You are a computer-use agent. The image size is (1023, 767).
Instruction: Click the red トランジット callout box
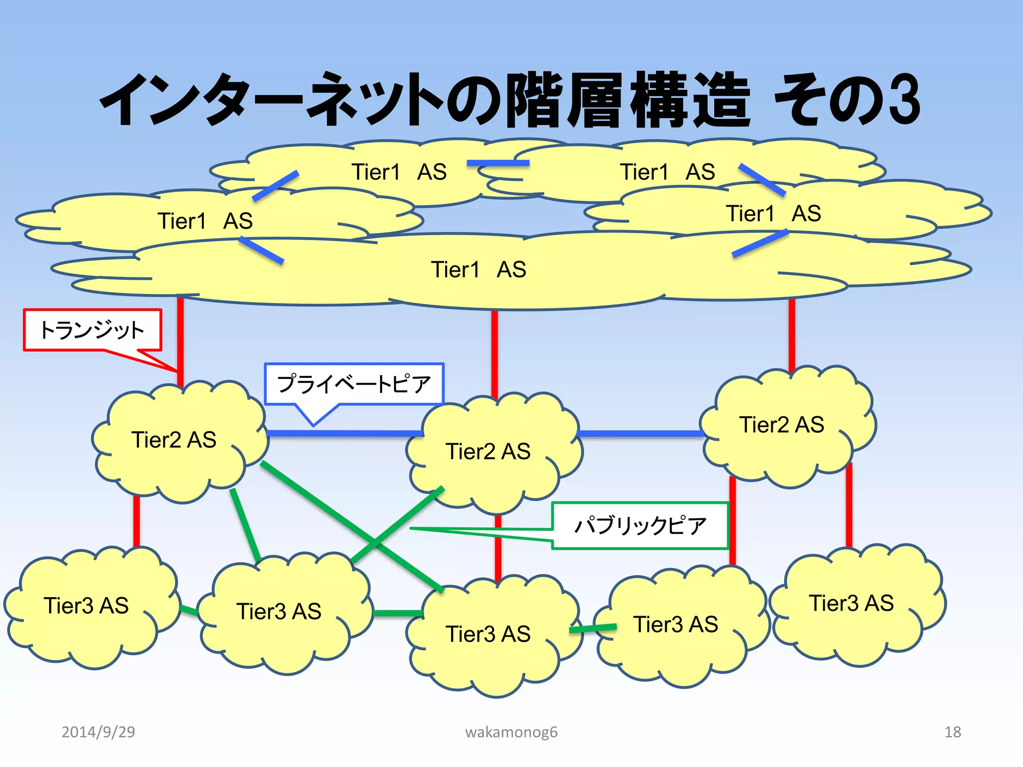click(92, 330)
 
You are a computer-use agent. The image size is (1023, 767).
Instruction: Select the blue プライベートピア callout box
click(354, 383)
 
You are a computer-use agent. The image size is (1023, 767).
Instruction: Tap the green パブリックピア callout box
click(640, 525)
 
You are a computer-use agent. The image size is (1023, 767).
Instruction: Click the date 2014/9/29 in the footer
click(98, 732)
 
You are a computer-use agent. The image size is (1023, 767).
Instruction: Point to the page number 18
click(952, 732)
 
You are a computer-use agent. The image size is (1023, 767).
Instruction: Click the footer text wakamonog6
click(511, 732)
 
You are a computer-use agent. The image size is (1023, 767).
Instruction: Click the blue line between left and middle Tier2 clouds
click(345, 433)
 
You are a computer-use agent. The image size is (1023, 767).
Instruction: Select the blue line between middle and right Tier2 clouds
click(641, 433)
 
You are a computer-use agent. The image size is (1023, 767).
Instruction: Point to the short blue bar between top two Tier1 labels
click(498, 163)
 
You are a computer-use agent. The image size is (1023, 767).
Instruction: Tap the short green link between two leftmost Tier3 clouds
click(189, 610)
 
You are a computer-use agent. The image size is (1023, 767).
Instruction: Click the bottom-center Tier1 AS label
click(479, 270)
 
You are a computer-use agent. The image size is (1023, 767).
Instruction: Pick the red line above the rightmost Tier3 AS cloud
click(849, 504)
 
